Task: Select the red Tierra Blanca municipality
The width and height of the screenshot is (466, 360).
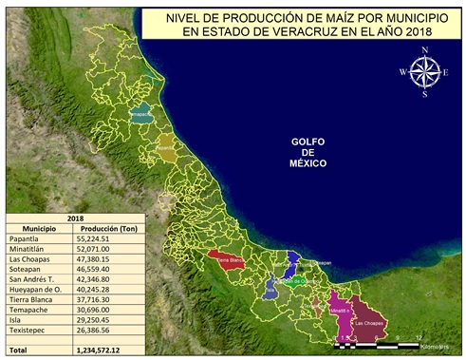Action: (227, 259)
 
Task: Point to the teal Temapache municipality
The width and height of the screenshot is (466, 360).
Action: (140, 114)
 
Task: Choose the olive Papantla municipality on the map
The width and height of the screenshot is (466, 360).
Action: (166, 149)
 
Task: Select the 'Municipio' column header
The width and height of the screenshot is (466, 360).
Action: (39, 228)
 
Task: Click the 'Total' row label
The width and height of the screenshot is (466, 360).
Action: (21, 351)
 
